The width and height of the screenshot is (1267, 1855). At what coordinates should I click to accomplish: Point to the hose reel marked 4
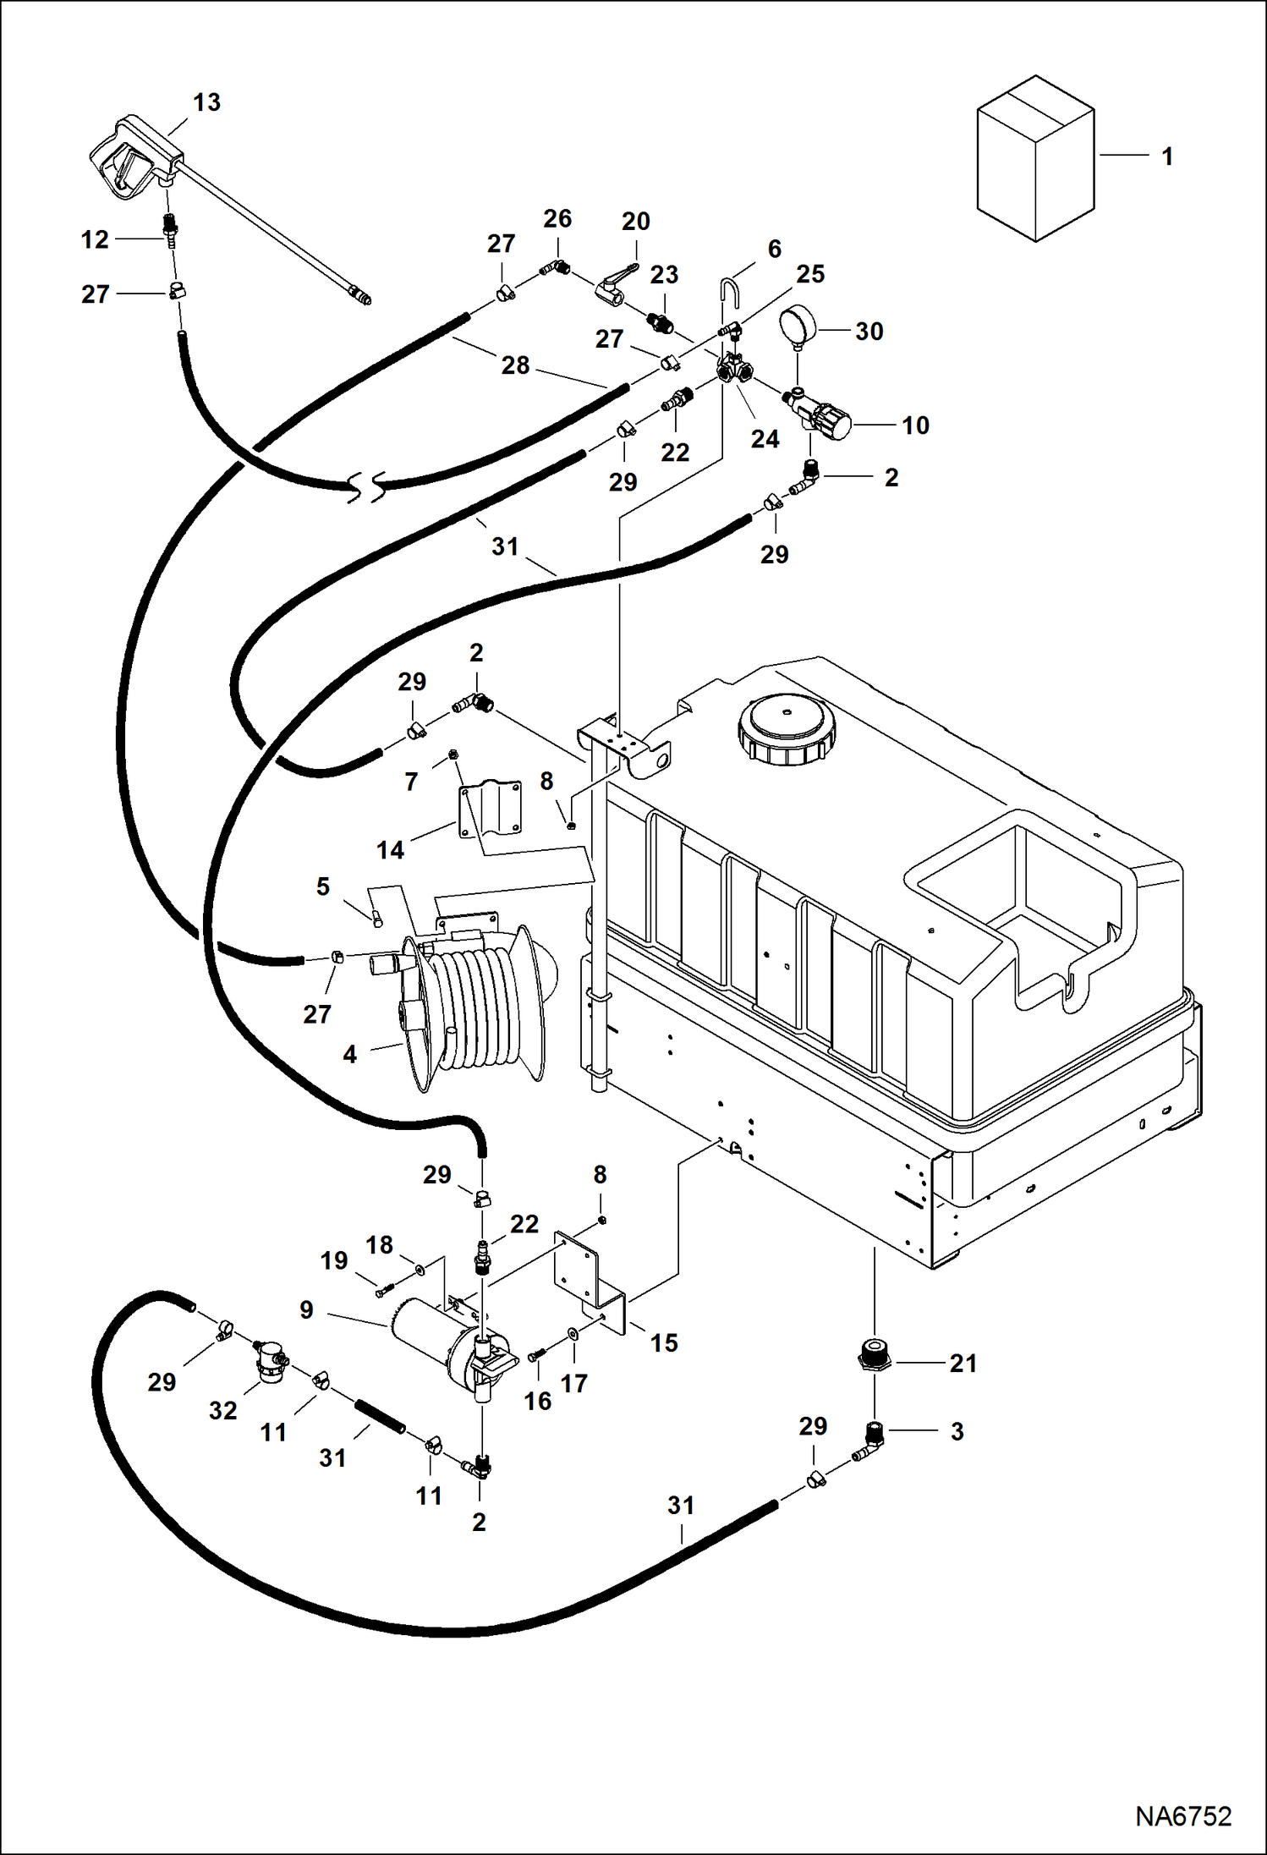click(x=478, y=1007)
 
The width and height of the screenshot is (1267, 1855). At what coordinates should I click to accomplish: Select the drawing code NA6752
click(x=1182, y=1816)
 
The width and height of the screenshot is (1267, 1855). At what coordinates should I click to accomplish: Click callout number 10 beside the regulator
click(x=915, y=425)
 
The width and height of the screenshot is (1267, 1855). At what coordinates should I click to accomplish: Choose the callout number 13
click(x=206, y=102)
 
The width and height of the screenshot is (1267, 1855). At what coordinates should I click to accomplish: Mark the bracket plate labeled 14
click(x=490, y=808)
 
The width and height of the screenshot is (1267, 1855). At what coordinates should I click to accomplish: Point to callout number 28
click(x=515, y=365)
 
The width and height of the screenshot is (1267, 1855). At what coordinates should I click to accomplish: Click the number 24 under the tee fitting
click(x=765, y=439)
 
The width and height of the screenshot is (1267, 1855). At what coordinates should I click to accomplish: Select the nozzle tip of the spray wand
click(x=361, y=298)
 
